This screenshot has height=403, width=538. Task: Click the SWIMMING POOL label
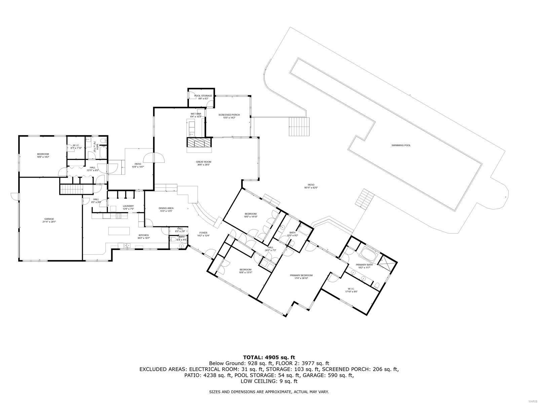pos(401,145)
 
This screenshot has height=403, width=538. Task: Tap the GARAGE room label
pos(49,219)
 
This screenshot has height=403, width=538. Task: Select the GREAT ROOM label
pos(203,162)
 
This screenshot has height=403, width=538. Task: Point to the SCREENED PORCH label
pos(229,115)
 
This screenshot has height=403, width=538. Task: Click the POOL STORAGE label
pos(203,96)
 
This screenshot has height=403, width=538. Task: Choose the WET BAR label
pos(196,114)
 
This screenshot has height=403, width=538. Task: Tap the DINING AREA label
pos(166,208)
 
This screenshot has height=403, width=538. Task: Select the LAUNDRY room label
pos(128,206)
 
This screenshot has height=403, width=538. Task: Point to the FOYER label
pos(203,233)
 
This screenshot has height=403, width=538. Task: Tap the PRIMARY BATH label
pos(364,265)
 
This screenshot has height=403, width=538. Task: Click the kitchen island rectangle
pos(119,231)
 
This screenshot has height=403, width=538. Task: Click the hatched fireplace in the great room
pos(199,143)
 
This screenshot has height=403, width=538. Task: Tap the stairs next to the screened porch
pos(299,127)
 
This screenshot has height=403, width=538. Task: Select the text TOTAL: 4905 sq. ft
pos(269,357)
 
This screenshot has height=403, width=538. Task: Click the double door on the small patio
pos(154,158)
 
